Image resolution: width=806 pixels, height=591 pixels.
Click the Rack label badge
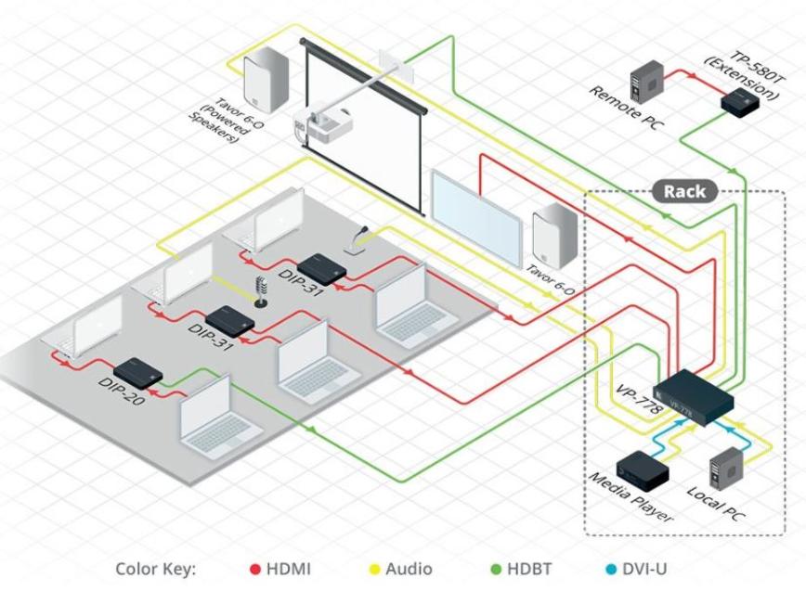coord(684,192)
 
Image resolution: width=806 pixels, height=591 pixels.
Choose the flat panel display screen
coord(474,212)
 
